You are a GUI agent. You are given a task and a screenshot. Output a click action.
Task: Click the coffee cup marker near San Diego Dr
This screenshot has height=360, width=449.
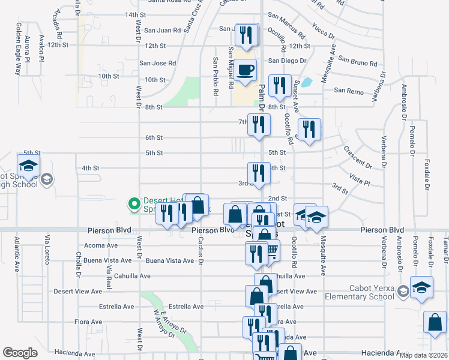pyautogui.click(x=245, y=70)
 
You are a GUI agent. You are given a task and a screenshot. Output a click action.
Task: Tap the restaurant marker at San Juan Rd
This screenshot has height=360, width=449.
pyautogui.click(x=247, y=35)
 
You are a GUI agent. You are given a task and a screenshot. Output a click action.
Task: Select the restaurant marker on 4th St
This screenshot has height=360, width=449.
pyautogui.click(x=259, y=173)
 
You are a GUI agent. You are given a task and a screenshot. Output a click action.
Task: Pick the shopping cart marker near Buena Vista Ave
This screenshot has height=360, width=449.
pyautogui.click(x=271, y=251)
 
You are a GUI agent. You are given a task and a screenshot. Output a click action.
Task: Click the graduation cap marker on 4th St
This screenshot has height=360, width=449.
pyautogui.click(x=28, y=166)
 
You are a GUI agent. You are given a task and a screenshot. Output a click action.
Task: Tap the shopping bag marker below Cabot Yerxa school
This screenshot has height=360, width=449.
pyautogui.click(x=435, y=322)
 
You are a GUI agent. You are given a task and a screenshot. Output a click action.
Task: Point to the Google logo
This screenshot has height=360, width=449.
pyautogui.click(x=20, y=353)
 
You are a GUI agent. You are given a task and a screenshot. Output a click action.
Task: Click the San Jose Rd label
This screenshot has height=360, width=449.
pyautogui.click(x=157, y=63)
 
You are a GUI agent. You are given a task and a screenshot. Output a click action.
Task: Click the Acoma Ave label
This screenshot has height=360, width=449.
pyautogui.click(x=101, y=245)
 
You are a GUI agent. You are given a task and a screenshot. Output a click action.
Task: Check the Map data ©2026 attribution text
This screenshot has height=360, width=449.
pyautogui.click(x=422, y=355)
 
